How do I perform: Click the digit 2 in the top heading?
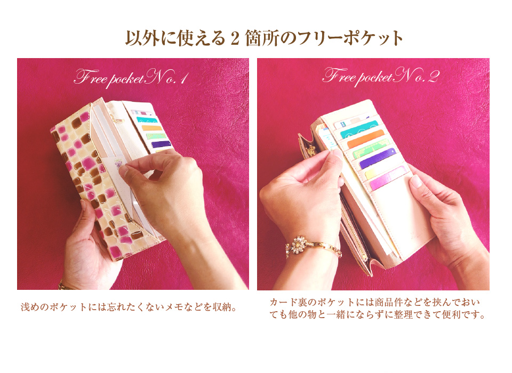click(x=235, y=39)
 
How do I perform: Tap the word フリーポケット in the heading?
click(x=350, y=38)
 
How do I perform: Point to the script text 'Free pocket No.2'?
click(x=381, y=77)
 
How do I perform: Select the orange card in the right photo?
click(x=366, y=139)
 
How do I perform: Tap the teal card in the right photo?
click(x=358, y=129)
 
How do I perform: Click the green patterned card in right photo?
click(x=372, y=149)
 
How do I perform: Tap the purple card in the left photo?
click(x=161, y=144)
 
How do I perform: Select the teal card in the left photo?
click(x=147, y=120)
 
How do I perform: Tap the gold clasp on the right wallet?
click(x=309, y=151)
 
